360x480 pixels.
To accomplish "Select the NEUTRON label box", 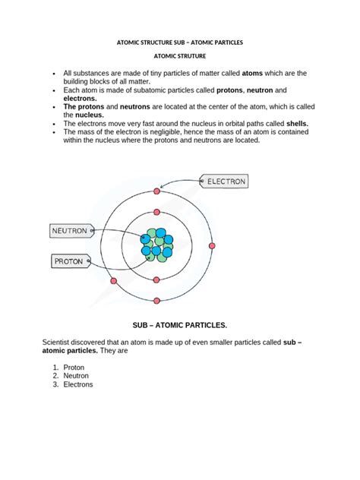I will (71, 230).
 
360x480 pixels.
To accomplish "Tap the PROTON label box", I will (71, 261).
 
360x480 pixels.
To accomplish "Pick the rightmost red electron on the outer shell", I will (212, 245).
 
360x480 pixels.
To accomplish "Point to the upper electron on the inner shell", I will (156, 213).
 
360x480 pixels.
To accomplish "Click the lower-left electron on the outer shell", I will (114, 281).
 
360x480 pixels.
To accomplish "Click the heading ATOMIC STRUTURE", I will (179, 56).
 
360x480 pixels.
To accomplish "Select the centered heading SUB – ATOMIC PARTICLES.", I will (180, 325).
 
